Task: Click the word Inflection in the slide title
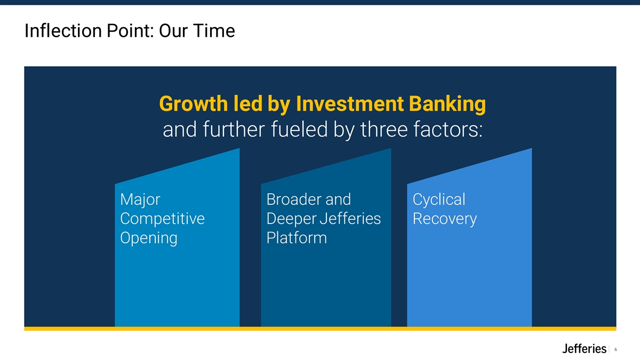(63, 30)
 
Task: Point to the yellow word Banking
(447, 105)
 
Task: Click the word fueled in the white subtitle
(299, 129)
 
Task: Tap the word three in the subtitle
(383, 129)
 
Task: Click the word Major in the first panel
(140, 199)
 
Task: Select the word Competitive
(162, 219)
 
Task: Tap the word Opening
(149, 238)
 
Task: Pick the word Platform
(297, 238)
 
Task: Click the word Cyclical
(439, 199)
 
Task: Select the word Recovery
(445, 219)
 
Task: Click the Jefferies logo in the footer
(585, 349)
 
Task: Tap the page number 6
(615, 349)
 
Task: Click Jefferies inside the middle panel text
(350, 219)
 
